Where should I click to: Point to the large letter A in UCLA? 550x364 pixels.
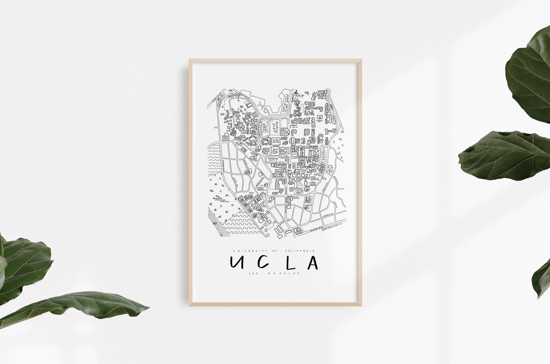coord(312,262)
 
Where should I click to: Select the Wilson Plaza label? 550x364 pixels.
coord(293,127)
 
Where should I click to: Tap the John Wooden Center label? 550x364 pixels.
coord(284,131)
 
